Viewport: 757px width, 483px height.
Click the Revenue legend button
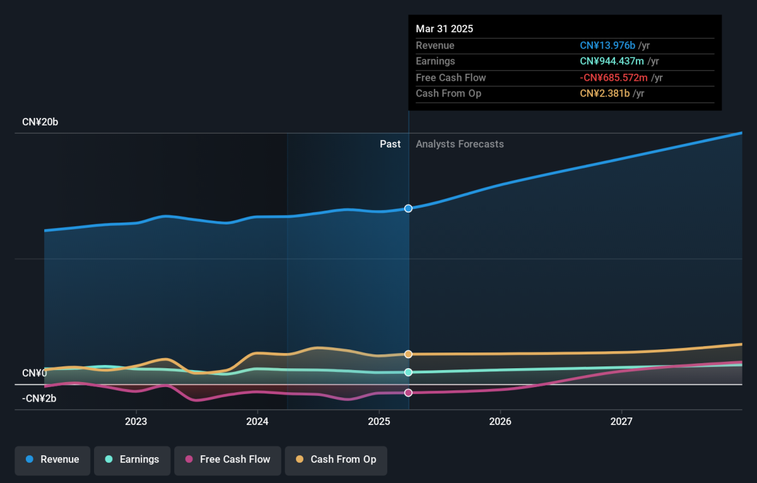(52, 460)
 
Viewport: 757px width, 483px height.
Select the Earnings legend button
(132, 460)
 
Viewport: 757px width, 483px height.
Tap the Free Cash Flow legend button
(228, 460)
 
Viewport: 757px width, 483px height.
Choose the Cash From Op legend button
(336, 460)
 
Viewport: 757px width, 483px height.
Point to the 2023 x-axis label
(136, 421)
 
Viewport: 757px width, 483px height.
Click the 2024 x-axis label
(257, 421)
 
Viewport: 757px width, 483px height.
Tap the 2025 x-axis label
(379, 421)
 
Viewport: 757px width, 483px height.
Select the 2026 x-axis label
(500, 421)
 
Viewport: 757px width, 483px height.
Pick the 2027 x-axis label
(621, 421)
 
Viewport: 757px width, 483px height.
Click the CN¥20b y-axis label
(40, 122)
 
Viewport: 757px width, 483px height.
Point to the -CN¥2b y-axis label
(39, 399)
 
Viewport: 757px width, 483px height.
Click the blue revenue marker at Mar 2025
(408, 209)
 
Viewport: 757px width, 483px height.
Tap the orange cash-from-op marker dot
(408, 354)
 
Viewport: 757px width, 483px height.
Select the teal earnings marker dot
(408, 372)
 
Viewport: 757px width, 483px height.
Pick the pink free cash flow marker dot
(408, 392)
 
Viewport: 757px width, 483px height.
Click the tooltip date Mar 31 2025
(444, 29)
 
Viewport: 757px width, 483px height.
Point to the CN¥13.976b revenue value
(607, 45)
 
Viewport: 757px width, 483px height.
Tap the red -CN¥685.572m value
(614, 78)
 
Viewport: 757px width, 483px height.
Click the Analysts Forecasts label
(460, 144)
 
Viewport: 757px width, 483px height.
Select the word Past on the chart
(390, 144)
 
